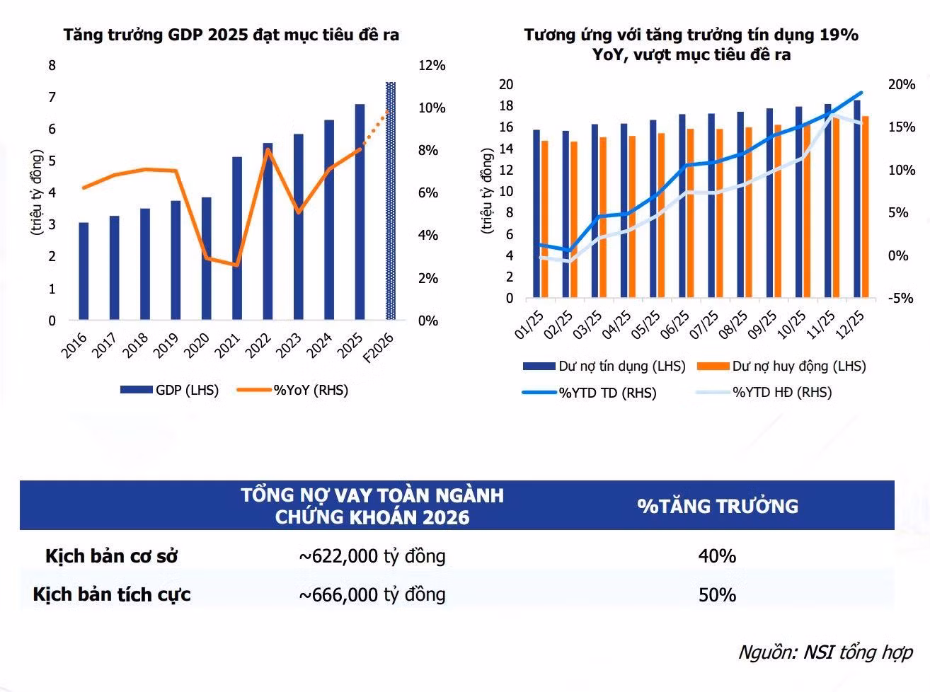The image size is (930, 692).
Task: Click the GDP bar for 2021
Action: coord(237,238)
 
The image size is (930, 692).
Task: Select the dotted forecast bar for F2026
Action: coord(391,201)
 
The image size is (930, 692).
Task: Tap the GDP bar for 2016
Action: coord(84,271)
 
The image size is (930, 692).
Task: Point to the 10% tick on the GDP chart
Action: coord(432,108)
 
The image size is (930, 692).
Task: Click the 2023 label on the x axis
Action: coord(289,346)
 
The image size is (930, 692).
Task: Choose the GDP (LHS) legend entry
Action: coord(169,390)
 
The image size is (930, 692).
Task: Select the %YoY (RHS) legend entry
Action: coord(293,390)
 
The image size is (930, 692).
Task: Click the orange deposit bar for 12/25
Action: coord(865,207)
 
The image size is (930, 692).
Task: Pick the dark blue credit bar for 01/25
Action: coord(536,214)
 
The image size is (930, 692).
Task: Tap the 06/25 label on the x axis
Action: coord(675,325)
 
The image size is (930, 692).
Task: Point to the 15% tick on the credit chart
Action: coord(902,127)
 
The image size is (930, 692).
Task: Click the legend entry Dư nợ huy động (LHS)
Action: coord(781,367)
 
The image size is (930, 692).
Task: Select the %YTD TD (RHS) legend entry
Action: coord(589,393)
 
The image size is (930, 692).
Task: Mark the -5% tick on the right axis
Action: coord(900,299)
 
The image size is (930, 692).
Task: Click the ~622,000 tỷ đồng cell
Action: coord(372,557)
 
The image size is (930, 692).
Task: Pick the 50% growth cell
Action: coord(717,595)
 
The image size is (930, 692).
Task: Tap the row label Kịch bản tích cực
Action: coord(112,595)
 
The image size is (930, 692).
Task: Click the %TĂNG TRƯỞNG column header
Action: coord(718,506)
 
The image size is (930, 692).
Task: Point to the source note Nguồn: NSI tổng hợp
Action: coord(825,652)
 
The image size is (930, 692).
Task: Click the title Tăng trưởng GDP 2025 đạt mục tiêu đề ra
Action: coord(231,35)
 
